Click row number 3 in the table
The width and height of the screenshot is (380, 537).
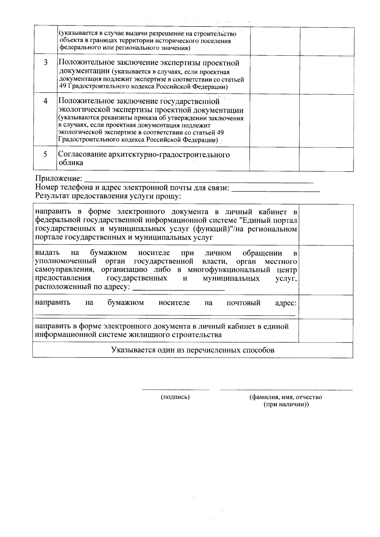(x=46, y=62)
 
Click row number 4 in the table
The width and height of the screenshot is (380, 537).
(x=46, y=101)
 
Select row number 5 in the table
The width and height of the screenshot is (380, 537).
(x=45, y=154)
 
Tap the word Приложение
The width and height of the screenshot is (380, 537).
(x=59, y=179)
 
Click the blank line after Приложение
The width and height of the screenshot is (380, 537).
(x=199, y=182)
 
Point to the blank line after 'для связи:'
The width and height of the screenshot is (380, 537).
(x=276, y=190)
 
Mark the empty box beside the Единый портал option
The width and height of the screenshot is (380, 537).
(x=326, y=225)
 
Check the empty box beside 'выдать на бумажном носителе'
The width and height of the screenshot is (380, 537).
(x=326, y=270)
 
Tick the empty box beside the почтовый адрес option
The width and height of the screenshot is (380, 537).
(x=326, y=307)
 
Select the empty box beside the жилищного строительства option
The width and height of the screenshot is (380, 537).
(x=326, y=331)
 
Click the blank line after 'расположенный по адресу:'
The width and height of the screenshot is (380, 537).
(x=179, y=289)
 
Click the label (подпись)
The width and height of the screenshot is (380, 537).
(x=175, y=397)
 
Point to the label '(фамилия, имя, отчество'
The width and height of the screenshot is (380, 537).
(x=286, y=397)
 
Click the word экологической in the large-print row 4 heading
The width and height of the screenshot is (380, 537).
(x=84, y=110)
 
